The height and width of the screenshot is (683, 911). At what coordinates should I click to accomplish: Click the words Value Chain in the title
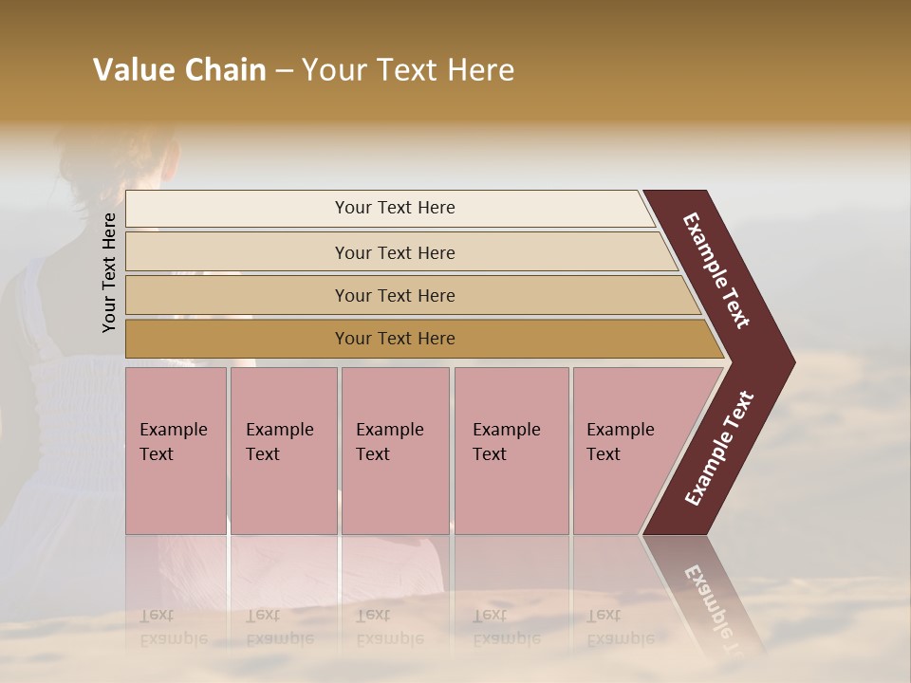coord(179,70)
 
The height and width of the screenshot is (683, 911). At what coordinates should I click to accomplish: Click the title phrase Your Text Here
coord(408,70)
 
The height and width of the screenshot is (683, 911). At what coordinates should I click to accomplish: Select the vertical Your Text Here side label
coord(109,272)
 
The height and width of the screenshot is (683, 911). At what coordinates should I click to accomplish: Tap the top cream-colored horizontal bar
coord(237,209)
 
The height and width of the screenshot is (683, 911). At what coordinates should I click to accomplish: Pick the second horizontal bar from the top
coord(237,252)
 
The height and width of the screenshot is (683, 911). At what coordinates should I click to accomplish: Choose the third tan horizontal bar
coord(237,295)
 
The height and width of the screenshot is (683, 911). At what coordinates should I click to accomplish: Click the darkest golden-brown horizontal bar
coord(237,339)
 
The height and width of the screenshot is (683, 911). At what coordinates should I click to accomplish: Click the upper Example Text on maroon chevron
coord(716,270)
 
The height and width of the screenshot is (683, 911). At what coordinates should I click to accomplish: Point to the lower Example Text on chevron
coord(719,449)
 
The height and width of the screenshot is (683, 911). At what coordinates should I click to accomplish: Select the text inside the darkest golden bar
coord(395,339)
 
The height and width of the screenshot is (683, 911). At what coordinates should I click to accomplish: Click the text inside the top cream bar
coord(395,208)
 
